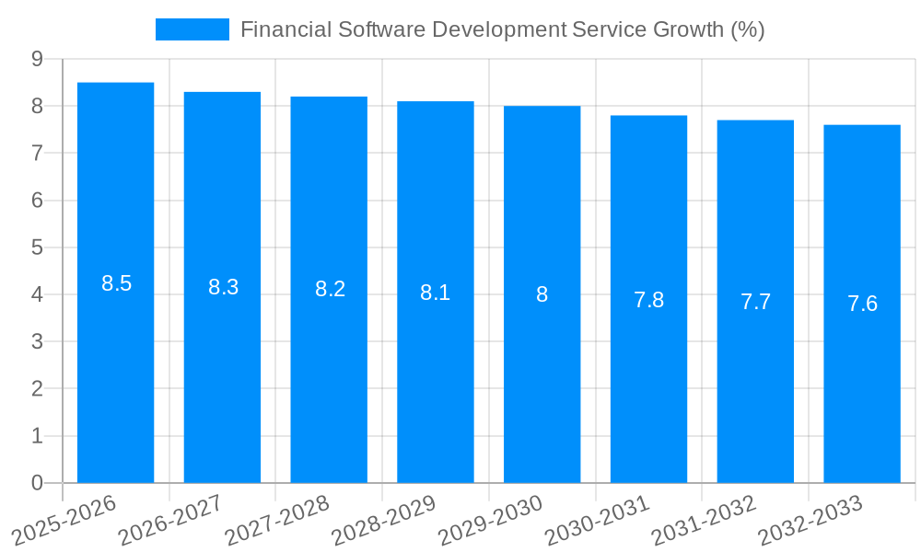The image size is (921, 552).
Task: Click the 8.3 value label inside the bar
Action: click(223, 287)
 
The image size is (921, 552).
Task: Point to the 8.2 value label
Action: click(330, 289)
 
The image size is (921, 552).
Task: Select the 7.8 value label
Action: click(648, 300)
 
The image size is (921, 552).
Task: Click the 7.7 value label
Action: click(755, 302)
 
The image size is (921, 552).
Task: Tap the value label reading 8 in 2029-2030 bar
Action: click(542, 294)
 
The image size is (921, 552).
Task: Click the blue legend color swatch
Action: click(192, 29)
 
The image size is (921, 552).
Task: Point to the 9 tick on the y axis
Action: click(37, 59)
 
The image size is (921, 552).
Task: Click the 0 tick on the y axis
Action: click(37, 483)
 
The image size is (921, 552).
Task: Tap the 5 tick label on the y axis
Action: click(37, 247)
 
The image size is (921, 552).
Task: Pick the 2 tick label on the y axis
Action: click(37, 389)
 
